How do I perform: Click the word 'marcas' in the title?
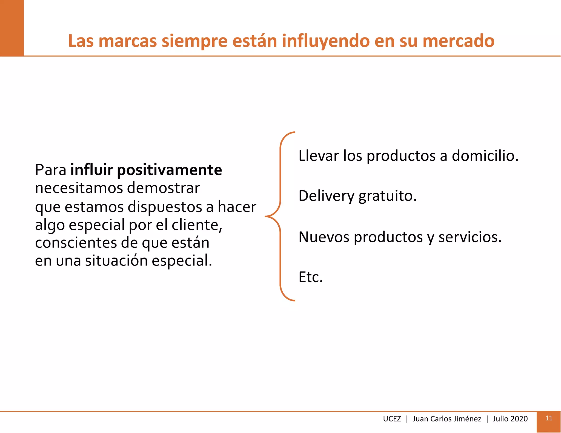[x=128, y=41]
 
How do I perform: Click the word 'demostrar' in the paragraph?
[x=164, y=188]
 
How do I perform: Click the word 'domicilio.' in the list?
[x=485, y=156]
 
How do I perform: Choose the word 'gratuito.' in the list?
[x=387, y=196]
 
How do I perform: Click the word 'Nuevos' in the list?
[x=324, y=237]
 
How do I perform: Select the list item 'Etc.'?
[x=310, y=277]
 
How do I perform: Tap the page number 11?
[x=549, y=418]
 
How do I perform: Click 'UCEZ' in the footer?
[x=392, y=419]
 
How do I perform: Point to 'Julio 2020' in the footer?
[x=510, y=419]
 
